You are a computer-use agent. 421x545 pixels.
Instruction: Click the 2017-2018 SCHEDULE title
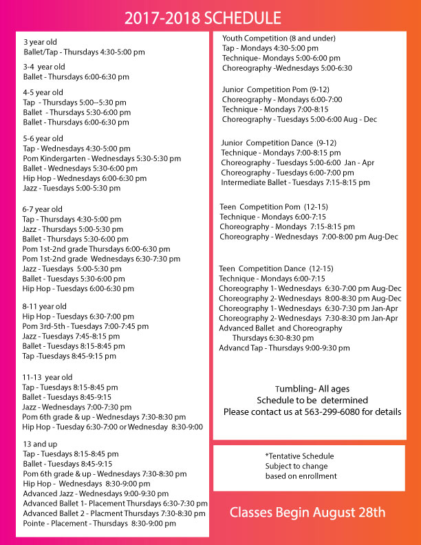click(202, 19)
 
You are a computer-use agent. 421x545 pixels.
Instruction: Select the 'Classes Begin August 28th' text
click(307, 512)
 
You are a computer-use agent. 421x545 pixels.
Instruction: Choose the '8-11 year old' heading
click(45, 306)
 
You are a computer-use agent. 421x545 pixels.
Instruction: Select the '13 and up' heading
click(40, 444)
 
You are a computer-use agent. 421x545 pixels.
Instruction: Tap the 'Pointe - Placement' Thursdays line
click(99, 523)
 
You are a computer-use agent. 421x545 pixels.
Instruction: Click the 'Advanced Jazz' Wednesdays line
click(96, 493)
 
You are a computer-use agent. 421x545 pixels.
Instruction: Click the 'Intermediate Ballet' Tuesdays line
click(295, 182)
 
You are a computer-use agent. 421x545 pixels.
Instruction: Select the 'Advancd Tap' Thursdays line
click(284, 348)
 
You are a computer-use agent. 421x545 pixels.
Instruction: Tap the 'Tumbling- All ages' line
click(312, 389)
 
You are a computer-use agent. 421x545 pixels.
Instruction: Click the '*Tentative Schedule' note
click(299, 456)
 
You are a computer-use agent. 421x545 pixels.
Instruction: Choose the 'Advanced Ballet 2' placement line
click(114, 513)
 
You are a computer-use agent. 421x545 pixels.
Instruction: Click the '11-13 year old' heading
click(47, 377)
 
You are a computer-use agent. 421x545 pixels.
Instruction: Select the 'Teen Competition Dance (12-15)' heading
click(276, 268)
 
